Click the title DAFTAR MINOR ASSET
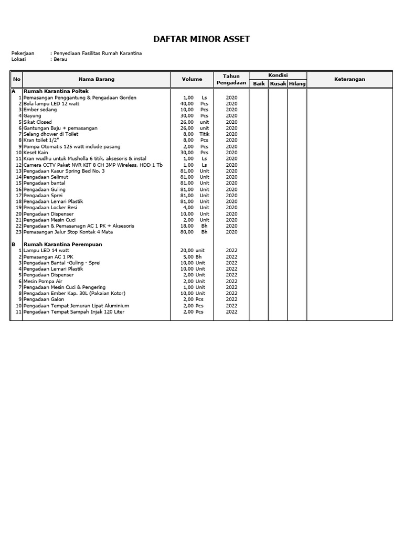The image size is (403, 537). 201,39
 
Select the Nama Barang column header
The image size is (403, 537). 96,79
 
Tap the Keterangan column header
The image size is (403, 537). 349,79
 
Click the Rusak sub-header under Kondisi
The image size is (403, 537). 278,84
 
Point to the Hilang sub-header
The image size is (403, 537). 297,84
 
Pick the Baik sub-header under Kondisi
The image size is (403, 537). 259,84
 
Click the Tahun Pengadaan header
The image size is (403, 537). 231,79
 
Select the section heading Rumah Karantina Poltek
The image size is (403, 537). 56,91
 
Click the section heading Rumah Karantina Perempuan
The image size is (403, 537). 63,244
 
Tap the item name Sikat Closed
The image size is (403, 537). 38,122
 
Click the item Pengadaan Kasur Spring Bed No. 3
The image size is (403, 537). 64,171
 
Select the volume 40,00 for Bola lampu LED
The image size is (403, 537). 187,103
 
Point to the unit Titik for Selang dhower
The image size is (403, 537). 204,134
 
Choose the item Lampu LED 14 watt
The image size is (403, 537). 46,251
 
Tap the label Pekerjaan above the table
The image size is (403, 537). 23,53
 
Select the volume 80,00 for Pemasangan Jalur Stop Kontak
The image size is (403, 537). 187,232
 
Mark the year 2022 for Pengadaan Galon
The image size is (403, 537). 231,299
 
